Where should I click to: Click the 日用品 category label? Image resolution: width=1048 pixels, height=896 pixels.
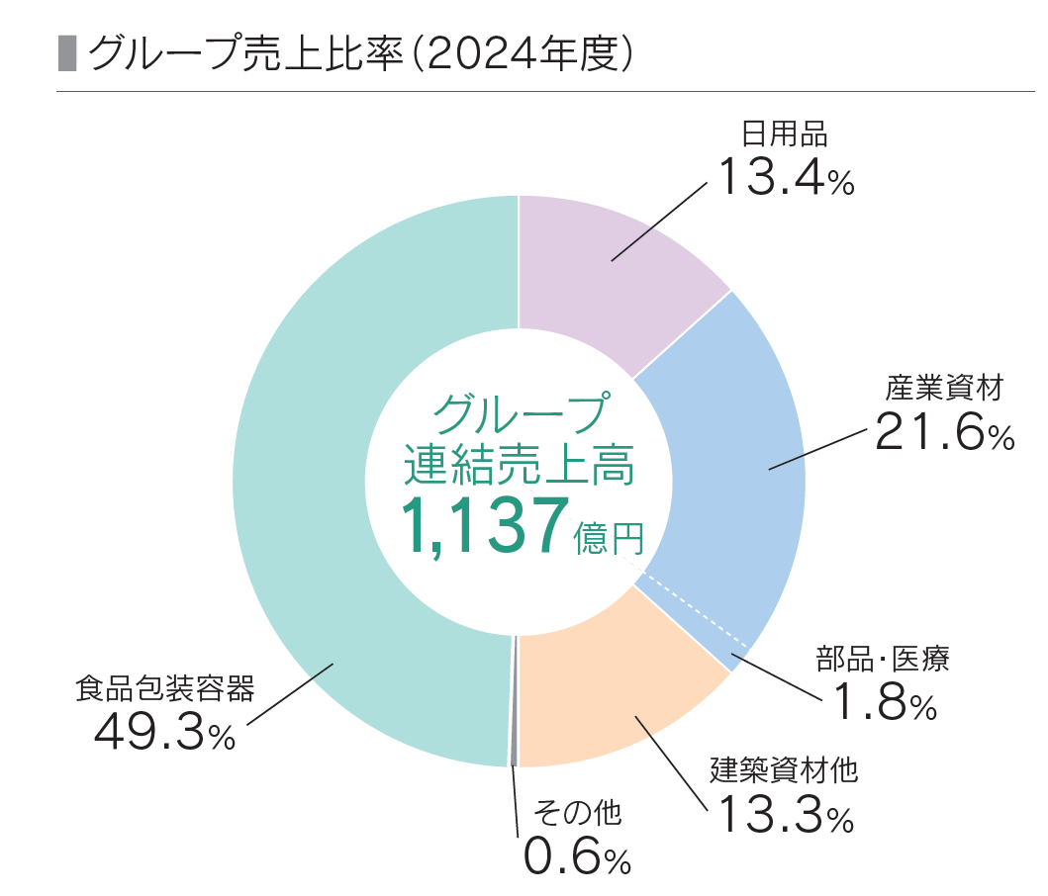[x=784, y=133]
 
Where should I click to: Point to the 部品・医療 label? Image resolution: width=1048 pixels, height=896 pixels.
[x=882, y=659]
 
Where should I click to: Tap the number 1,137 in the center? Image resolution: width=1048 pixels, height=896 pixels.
[x=485, y=525]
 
